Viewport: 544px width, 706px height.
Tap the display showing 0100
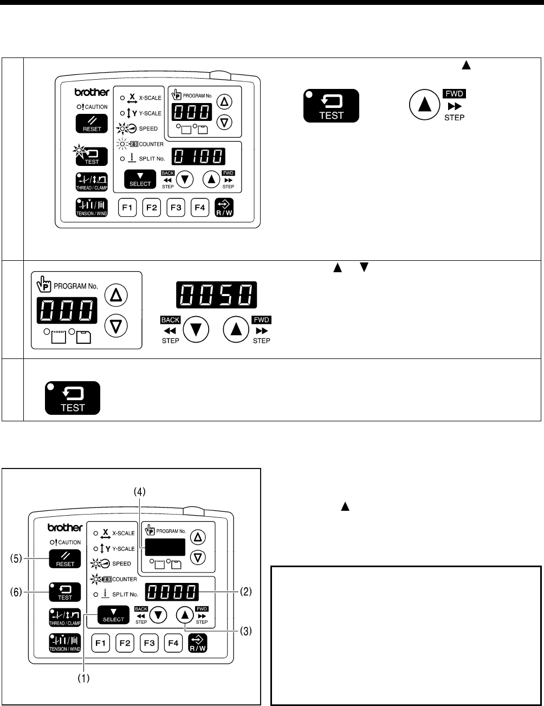pyautogui.click(x=199, y=156)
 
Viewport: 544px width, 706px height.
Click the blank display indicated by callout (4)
pyautogui.click(x=164, y=547)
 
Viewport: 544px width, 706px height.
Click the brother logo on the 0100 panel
pyautogui.click(x=92, y=93)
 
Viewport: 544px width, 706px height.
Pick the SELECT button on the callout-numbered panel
pyautogui.click(x=113, y=615)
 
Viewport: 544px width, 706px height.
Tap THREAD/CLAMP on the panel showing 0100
pyautogui.click(x=92, y=182)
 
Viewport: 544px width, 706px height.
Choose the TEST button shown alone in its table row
pyautogui.click(x=73, y=398)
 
